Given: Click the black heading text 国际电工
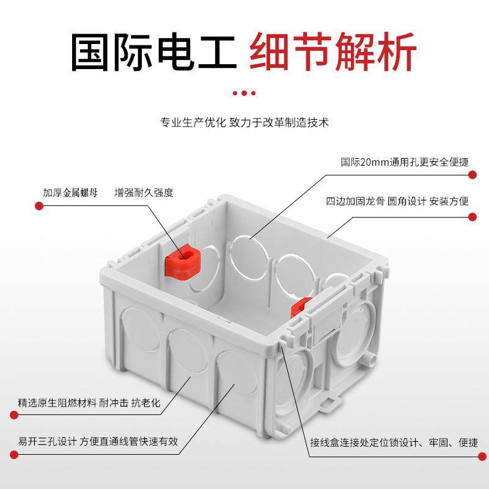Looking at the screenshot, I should click(153, 53).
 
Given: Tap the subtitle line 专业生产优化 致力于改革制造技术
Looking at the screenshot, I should click(244, 122).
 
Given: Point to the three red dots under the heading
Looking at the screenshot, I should click(244, 93).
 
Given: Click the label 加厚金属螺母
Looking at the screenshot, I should click(70, 193).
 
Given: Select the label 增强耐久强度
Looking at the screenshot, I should click(144, 193).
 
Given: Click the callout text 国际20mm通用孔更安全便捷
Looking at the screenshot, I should click(404, 162).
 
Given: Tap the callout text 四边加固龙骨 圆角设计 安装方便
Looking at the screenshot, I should click(397, 201).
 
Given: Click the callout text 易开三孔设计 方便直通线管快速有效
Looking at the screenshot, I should click(98, 441).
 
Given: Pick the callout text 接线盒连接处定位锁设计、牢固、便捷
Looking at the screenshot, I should click(394, 442).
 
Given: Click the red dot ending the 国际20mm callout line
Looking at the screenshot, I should click(472, 175).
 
